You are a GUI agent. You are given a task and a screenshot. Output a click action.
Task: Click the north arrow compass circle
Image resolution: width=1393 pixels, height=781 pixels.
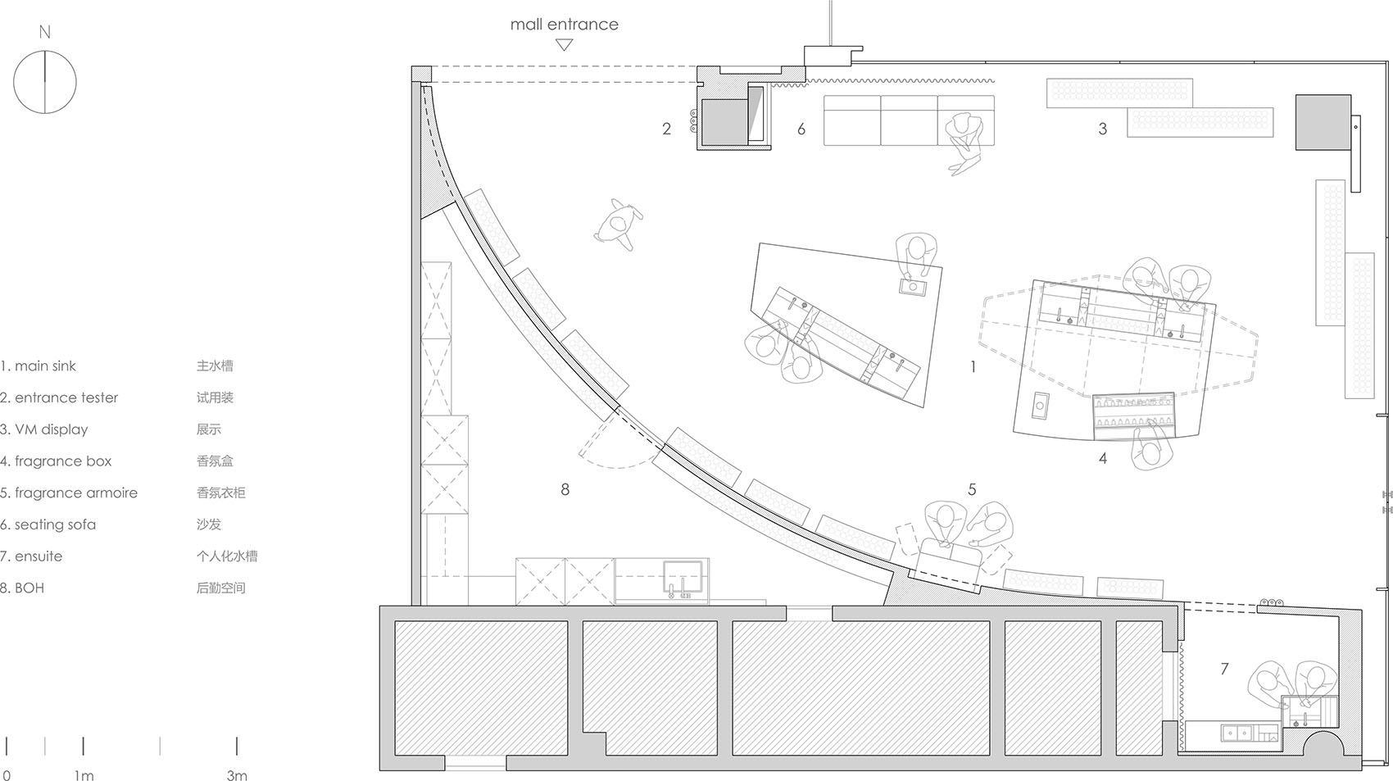pos(45,82)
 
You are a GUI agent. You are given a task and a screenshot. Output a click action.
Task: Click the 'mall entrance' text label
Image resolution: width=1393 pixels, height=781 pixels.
pos(564,25)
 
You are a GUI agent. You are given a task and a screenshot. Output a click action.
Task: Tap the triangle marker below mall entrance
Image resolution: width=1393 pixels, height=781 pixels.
pos(564,45)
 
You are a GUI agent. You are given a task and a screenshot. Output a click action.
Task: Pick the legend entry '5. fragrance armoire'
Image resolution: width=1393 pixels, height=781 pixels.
pos(69,493)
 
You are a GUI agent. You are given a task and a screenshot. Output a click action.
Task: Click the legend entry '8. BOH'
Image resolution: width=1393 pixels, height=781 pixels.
pos(23,588)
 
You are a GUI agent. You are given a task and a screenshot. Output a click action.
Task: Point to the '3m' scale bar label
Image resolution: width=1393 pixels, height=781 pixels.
pos(236,775)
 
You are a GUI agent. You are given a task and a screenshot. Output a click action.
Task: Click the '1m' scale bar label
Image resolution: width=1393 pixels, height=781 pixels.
pos(84,775)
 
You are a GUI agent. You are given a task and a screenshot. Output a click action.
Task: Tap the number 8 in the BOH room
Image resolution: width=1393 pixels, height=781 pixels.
pos(565,489)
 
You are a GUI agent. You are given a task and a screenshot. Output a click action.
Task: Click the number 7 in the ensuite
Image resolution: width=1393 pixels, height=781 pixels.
pos(1224,669)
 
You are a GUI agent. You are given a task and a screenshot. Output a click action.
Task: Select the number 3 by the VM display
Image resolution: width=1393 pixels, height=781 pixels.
pos(1102,129)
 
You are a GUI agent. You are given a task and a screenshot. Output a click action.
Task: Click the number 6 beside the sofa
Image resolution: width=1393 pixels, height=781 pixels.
pos(801,129)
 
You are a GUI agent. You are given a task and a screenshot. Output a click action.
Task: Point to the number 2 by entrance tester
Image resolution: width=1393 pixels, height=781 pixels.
pos(666,129)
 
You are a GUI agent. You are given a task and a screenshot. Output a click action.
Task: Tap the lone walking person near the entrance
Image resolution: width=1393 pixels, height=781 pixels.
pos(619,224)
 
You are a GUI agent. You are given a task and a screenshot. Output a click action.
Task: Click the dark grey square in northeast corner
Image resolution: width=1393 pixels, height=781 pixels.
pos(1323,122)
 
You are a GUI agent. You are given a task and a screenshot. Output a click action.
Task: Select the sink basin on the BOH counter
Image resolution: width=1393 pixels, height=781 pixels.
pos(684,579)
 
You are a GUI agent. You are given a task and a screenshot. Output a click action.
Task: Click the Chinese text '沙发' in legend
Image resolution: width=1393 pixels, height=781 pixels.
pos(209,524)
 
